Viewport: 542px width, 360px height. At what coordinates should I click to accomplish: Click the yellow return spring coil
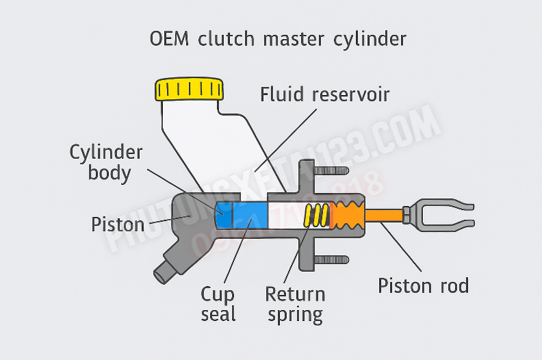coord(316,216)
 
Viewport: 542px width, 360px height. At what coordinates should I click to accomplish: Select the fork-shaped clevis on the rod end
coord(439,215)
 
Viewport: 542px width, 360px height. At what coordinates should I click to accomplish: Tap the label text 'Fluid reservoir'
coord(324,94)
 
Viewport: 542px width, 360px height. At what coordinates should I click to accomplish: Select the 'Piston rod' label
coord(424,285)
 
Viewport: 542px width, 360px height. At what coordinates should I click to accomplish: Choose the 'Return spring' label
coord(295,305)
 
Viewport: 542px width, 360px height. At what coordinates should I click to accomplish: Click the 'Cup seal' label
coord(218,305)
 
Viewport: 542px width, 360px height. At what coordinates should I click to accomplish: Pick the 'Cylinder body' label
coord(106,162)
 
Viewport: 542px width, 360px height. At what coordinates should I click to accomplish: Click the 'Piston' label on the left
coord(118,224)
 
